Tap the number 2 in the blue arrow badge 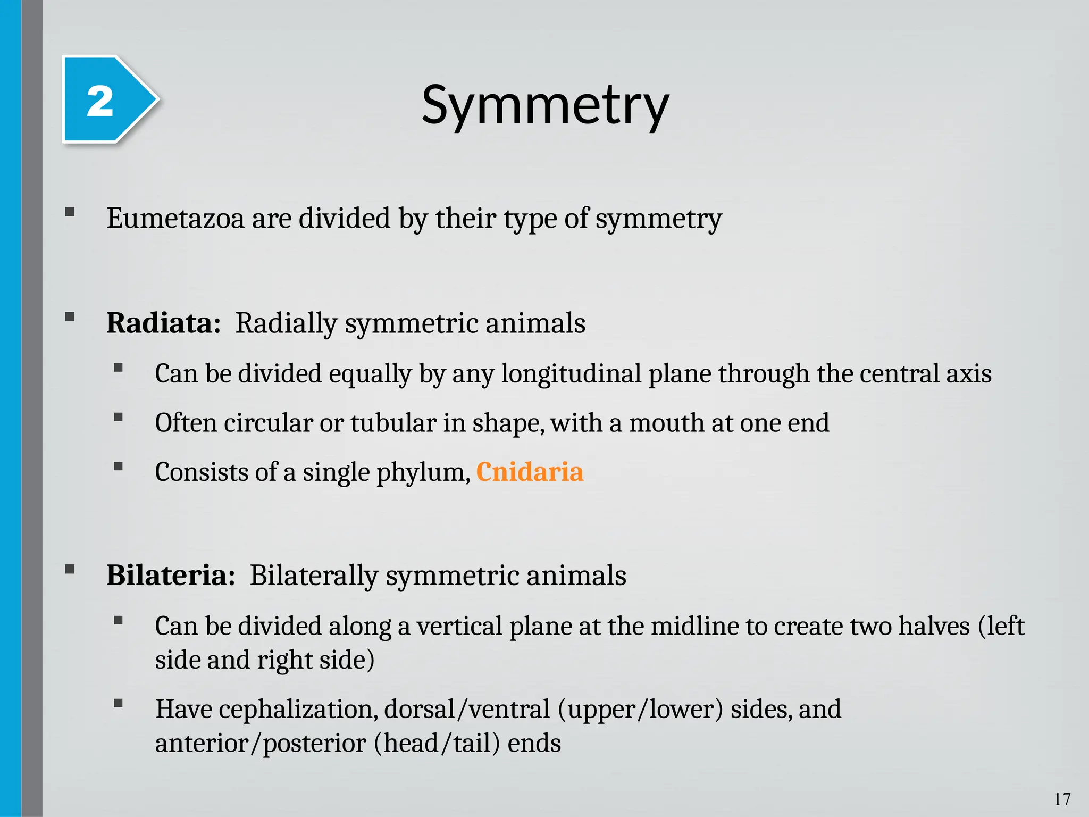pos(100,101)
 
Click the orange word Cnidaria pos(530,472)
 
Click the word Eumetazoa pos(175,218)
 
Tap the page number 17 pos(1062,799)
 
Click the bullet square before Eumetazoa pos(70,212)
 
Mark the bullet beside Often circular pos(118,417)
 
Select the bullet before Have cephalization pos(118,704)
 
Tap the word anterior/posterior pos(261,743)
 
